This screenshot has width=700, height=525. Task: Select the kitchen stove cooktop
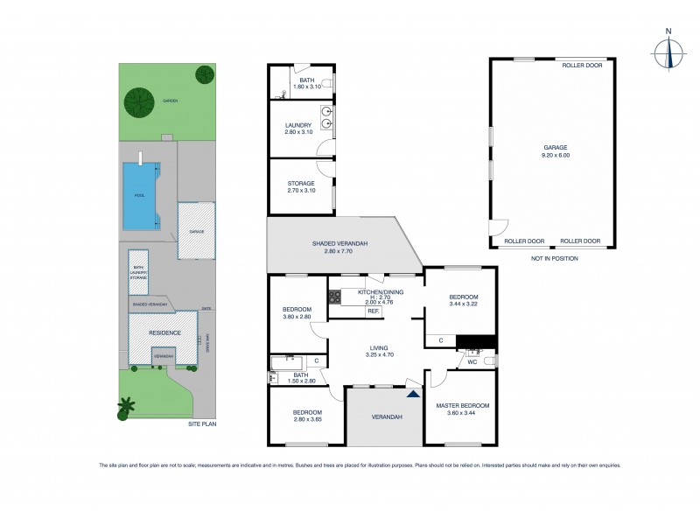pos(333,297)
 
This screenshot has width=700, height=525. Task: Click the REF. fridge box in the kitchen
pos(373,311)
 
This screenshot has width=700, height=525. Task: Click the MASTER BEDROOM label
pos(462,406)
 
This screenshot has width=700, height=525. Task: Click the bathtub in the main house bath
pos(286,361)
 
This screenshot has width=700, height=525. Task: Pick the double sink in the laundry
pos(326,112)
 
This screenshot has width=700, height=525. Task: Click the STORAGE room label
pos(300,184)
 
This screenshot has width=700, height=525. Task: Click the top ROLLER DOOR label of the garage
pos(579,65)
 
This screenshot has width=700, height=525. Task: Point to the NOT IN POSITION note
pos(555,259)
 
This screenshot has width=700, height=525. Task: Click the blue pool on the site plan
pos(141,196)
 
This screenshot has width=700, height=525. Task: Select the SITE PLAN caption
pos(201,424)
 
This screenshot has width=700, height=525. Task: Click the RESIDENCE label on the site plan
pos(164,332)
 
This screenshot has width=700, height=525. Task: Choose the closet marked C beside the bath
pos(316,361)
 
